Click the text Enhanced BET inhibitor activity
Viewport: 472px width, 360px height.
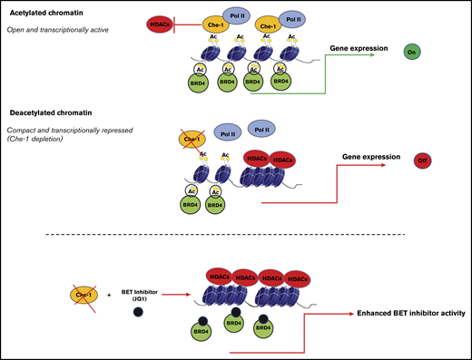409,314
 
